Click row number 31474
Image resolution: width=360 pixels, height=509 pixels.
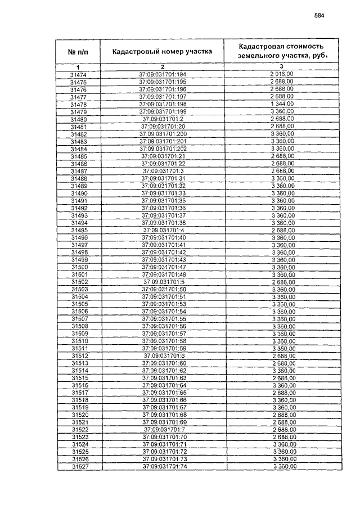coord(78,75)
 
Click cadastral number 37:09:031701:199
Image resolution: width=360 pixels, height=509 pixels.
coord(163,112)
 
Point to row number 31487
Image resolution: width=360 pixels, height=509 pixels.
coord(78,171)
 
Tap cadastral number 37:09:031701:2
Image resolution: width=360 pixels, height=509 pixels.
coord(163,119)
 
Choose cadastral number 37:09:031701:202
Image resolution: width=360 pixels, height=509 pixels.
coord(163,148)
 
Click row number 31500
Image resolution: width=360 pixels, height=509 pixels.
coord(78,267)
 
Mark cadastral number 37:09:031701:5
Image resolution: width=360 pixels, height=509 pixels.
coord(164,282)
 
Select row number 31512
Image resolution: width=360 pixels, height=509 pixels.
coord(78,356)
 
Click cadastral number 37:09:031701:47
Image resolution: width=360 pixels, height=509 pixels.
coord(164,267)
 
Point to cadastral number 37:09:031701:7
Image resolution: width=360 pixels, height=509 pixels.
coord(164,430)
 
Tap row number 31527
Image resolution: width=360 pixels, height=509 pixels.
coord(78,467)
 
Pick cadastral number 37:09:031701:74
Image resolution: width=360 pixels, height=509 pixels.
coord(164,467)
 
